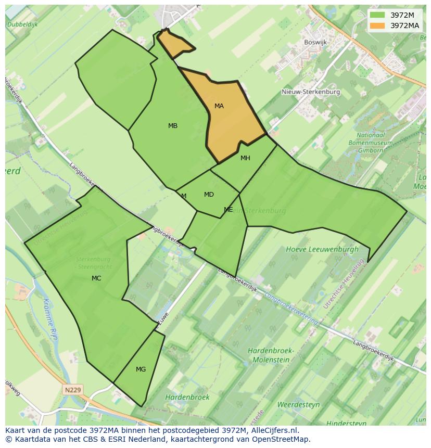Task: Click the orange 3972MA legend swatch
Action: [378, 25]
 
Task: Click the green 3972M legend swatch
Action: [378, 15]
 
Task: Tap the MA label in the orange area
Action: [219, 106]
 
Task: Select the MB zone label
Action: [173, 126]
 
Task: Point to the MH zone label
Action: [245, 158]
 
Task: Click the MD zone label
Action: [209, 195]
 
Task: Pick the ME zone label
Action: [229, 210]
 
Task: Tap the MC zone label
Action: [96, 278]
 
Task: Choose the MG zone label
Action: [141, 369]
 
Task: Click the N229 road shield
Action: [74, 389]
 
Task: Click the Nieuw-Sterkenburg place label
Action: [311, 92]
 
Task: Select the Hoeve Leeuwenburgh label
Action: [322, 249]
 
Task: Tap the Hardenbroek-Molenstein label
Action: [271, 355]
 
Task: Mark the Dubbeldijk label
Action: [23, 24]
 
